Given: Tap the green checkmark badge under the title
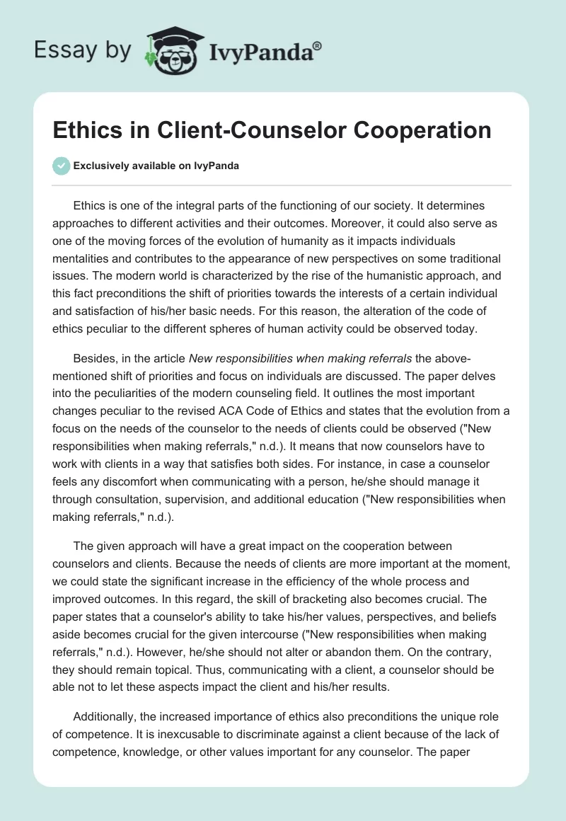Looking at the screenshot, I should (61, 166).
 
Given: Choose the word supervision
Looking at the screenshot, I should (219, 500).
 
